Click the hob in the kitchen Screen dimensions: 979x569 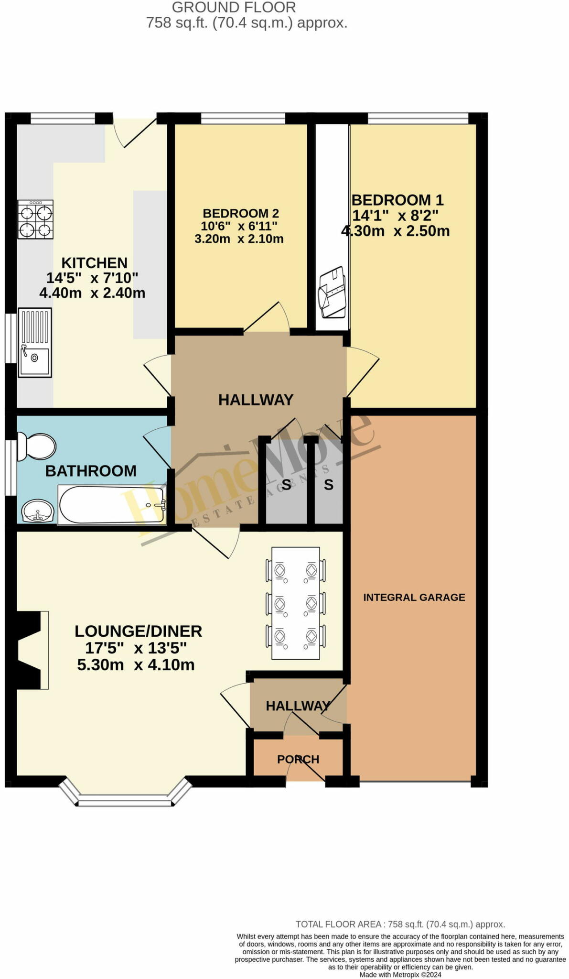pos(35,219)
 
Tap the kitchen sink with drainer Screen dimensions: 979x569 pos(34,343)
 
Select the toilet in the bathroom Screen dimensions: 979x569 pos(36,446)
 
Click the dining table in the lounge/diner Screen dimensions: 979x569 pos(295,603)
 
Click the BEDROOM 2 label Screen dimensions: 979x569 pos(240,213)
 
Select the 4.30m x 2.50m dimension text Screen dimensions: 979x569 pos(395,231)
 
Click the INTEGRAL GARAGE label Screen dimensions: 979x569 pos(414,597)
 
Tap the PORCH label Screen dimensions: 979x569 pos(298,759)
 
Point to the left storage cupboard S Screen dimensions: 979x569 pos(286,485)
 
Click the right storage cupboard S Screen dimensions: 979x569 pos(328,485)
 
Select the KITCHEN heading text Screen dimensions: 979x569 pos(94,262)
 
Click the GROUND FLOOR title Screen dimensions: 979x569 pos(234,7)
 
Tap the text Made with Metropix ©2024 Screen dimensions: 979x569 pos(400,974)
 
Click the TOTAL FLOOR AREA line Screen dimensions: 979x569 pos(400,924)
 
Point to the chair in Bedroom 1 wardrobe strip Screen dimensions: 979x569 pos(332,293)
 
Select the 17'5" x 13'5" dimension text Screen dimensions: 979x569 pos(136,648)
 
